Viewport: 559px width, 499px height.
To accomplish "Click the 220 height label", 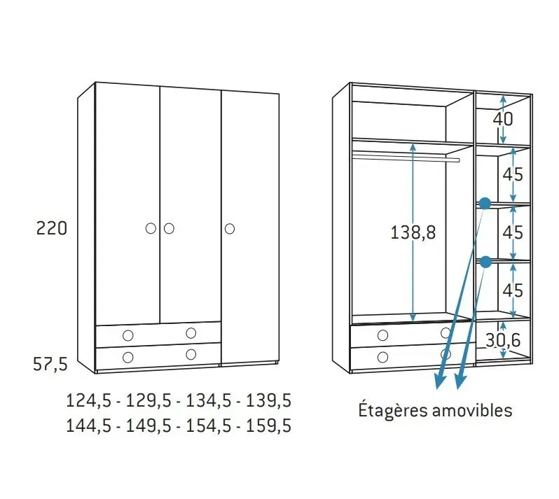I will click(x=52, y=228).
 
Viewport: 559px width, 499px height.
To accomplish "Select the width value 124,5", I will click(x=87, y=401).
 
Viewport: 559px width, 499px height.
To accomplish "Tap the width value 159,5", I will click(x=269, y=426).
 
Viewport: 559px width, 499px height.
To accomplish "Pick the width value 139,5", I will click(x=269, y=401).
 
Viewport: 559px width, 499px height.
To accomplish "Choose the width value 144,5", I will click(x=87, y=426).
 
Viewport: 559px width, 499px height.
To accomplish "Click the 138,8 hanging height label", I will click(x=413, y=233).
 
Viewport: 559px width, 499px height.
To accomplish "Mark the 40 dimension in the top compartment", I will click(x=503, y=119).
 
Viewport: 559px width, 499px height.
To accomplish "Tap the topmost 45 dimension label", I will click(x=513, y=174).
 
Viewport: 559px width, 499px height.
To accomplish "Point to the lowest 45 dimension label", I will click(x=513, y=289).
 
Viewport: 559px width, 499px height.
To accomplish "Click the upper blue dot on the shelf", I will click(x=484, y=203).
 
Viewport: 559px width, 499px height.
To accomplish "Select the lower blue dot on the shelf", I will click(x=485, y=262).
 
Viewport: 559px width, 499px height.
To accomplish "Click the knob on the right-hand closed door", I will click(x=230, y=228).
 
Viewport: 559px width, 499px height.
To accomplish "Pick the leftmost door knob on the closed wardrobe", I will click(x=151, y=228).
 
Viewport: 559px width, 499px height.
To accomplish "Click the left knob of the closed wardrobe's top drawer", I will click(x=127, y=334).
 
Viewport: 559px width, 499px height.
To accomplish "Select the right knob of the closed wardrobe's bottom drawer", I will click(x=191, y=355).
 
